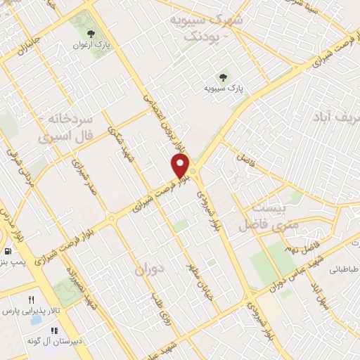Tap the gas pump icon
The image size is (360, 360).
tap(7, 251)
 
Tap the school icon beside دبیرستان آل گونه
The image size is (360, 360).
tap(53, 330)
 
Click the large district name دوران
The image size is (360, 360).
tap(148, 270)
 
